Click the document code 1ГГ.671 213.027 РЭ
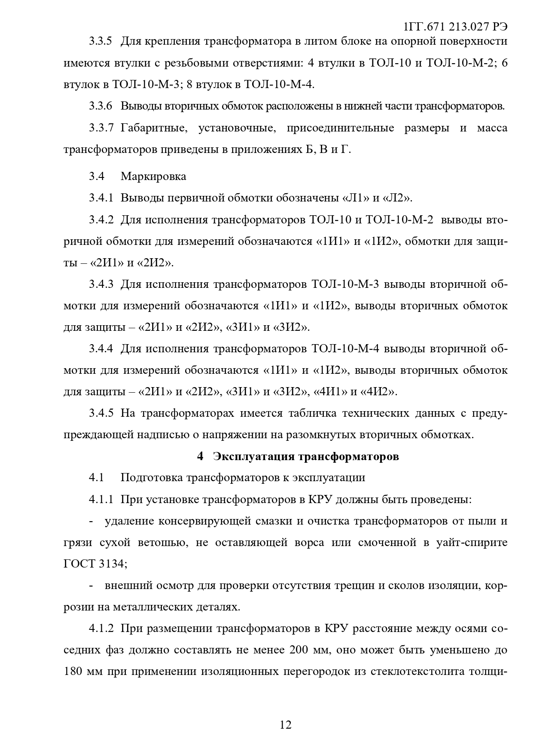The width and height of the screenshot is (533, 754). point(455,27)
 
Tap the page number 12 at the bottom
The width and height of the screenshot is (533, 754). point(286,725)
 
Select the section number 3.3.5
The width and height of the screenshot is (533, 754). point(101,41)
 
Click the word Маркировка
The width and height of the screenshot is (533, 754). point(153,176)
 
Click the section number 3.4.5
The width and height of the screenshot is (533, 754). point(101,413)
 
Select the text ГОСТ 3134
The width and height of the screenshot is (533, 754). point(94,564)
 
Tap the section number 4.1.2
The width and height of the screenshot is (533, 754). point(101,629)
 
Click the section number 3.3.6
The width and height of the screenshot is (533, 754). point(101,106)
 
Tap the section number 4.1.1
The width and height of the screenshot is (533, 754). point(101,500)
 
